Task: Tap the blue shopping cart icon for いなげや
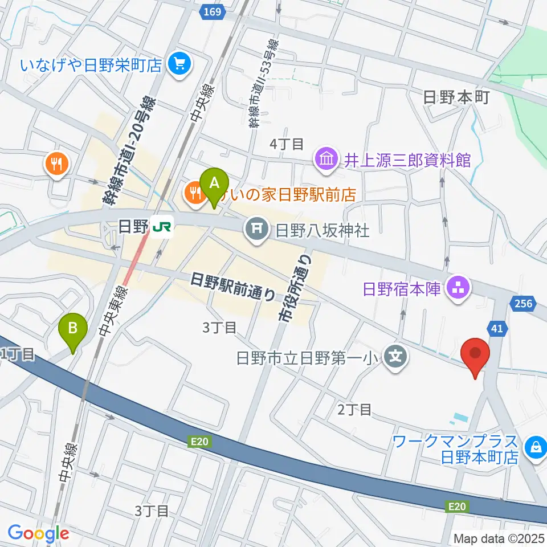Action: point(181,64)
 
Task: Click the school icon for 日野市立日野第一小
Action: point(396,358)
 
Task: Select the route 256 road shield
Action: point(526,303)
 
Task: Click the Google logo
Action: point(38,533)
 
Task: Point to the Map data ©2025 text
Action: point(499,538)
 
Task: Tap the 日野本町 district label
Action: point(457,98)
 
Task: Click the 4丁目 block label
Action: point(287,144)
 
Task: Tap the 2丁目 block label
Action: point(354,409)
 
